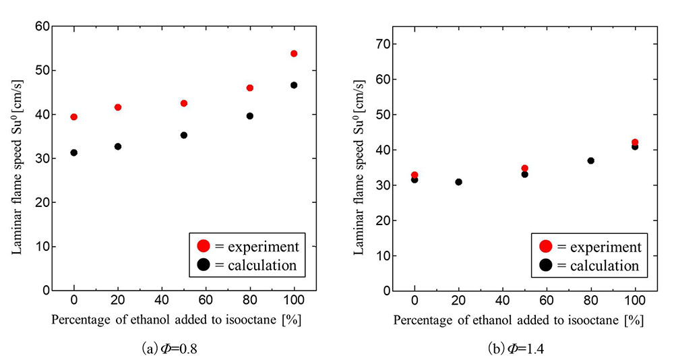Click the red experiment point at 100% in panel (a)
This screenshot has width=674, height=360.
[x=294, y=53]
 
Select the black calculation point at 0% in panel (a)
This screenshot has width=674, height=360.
[x=73, y=152]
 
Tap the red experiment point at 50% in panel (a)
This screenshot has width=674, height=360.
[x=183, y=103]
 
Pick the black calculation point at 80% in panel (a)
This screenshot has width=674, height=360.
[x=250, y=116]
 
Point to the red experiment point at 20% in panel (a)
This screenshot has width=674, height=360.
[x=118, y=107]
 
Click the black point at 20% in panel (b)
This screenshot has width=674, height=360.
[x=458, y=182]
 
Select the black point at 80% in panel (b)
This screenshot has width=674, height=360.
[x=591, y=160]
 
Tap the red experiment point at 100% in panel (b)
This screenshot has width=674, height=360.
[x=635, y=142]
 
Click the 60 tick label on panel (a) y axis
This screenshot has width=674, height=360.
[x=42, y=26]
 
